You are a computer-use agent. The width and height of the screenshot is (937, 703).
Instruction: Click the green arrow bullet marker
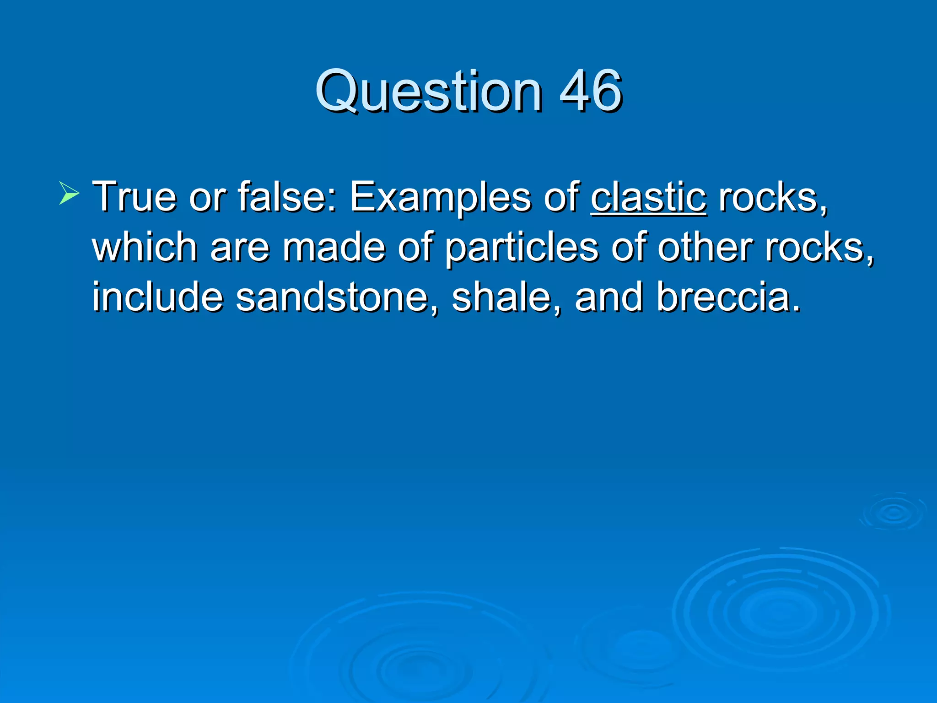pos(69,193)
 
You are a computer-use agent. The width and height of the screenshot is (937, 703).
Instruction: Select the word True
pos(134,197)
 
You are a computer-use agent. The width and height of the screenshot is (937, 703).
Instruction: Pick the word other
pos(705,247)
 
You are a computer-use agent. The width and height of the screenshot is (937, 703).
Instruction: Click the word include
pos(158,297)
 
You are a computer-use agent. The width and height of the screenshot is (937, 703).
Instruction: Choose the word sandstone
pos(336,297)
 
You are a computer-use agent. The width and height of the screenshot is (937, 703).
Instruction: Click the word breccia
pos(727,297)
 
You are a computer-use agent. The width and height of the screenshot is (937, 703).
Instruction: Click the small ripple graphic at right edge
pos(894,513)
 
